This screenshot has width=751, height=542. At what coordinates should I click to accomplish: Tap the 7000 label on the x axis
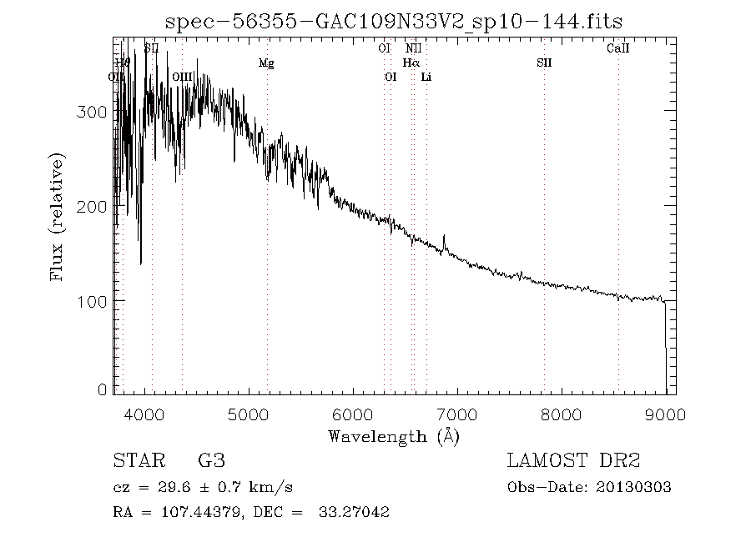pyautogui.click(x=457, y=414)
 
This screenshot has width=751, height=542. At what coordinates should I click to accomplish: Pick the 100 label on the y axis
pyautogui.click(x=91, y=300)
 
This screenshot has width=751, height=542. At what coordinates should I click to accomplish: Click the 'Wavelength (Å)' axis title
pyautogui.click(x=394, y=436)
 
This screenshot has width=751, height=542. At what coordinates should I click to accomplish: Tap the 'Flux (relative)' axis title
pyautogui.click(x=58, y=216)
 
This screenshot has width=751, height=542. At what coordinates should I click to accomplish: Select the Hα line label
pyautogui.click(x=411, y=63)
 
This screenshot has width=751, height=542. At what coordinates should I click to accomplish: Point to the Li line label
pyautogui.click(x=426, y=77)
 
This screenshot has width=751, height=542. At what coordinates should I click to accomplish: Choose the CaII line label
pyautogui.click(x=617, y=48)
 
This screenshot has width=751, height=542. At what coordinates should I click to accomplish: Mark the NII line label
pyautogui.click(x=414, y=48)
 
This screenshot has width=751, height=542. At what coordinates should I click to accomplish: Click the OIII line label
pyautogui.click(x=182, y=77)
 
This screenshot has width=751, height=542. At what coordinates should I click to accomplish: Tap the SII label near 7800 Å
pyautogui.click(x=544, y=63)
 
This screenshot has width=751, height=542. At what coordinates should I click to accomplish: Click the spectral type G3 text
pyautogui.click(x=211, y=461)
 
